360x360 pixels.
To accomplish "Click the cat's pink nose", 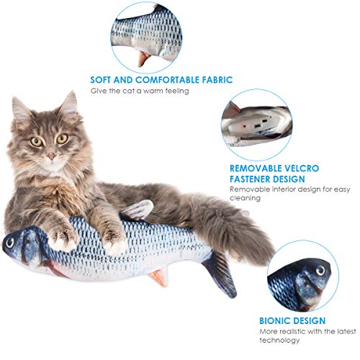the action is point(51,157).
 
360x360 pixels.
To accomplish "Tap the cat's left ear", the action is point(19,108).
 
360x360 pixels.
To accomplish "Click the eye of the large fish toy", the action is point(10,243).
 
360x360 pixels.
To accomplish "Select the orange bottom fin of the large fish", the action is point(159,277).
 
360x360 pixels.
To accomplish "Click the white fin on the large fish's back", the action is point(137,210).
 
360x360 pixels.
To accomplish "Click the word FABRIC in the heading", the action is point(217,80).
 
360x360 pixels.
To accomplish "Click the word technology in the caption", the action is point(279,341).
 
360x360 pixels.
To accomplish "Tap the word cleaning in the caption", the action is point(245,198).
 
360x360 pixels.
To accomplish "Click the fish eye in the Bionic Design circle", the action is point(320,270).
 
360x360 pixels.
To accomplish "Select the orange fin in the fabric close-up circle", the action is point(143,58).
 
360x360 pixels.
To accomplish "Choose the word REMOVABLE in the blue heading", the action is point(252,168).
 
